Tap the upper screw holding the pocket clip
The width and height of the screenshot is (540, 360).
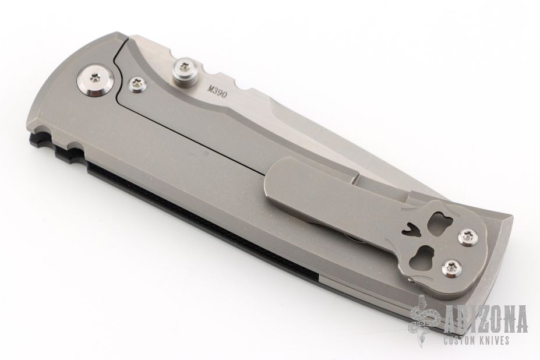coord(468,237)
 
